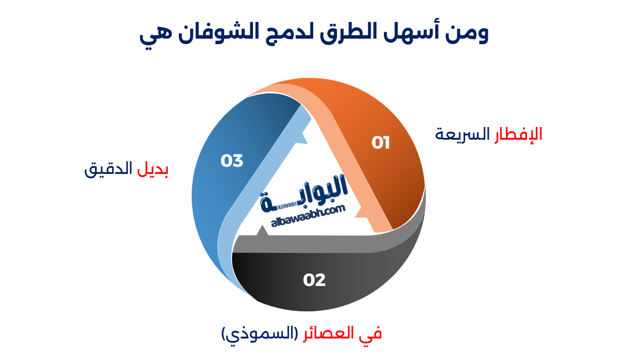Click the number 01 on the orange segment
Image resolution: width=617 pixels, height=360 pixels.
click(x=381, y=143)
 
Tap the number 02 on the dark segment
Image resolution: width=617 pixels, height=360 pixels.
click(x=314, y=280)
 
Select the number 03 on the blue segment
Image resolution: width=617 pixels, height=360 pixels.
click(x=232, y=161)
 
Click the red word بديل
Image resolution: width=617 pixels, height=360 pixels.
click(x=152, y=169)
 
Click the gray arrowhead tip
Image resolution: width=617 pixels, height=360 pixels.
click(x=262, y=229)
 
